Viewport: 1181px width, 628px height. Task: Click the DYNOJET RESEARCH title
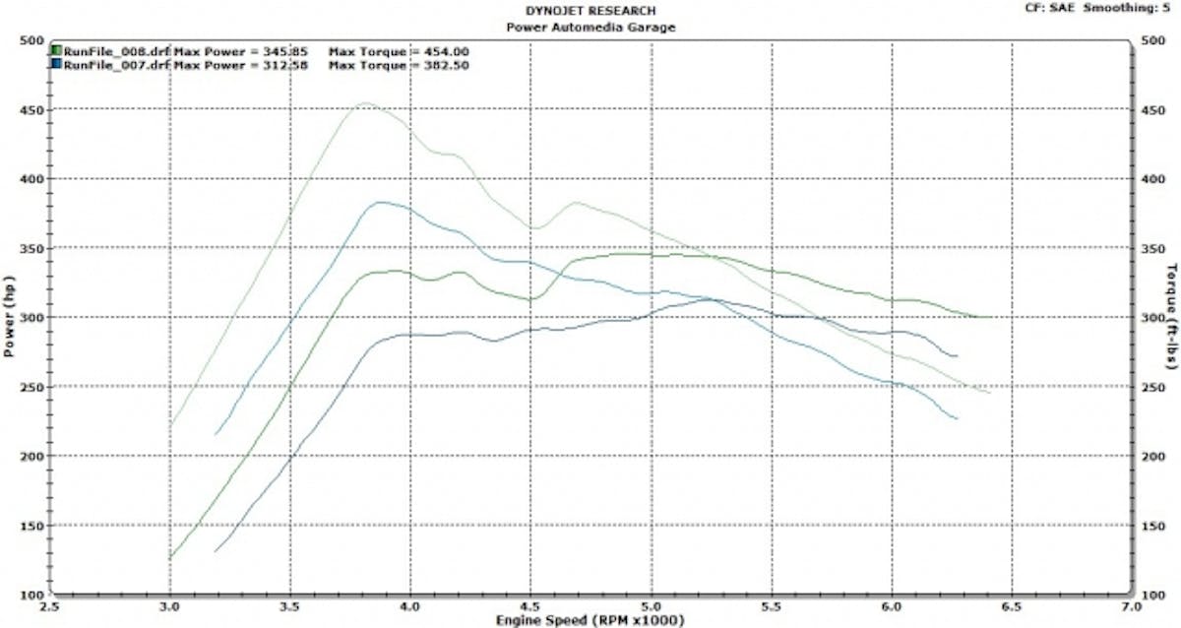point(590,12)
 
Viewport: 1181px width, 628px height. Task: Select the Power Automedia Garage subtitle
point(590,27)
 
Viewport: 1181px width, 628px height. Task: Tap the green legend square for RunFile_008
point(57,50)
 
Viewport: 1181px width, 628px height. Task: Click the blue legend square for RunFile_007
point(57,64)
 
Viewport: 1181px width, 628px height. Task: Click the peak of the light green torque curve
point(366,102)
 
